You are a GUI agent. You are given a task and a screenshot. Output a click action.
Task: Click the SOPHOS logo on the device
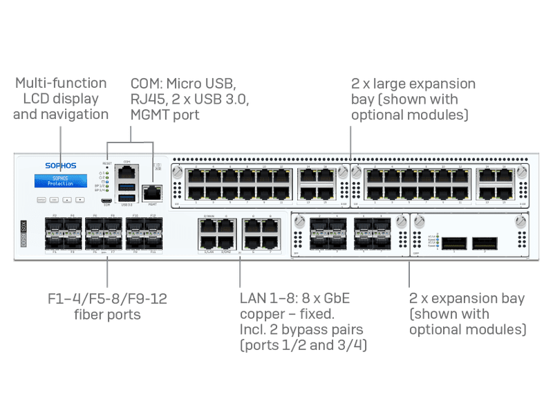[60, 165]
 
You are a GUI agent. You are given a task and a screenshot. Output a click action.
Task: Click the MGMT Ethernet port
[150, 193]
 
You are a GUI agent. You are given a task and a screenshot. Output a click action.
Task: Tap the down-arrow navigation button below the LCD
[81, 200]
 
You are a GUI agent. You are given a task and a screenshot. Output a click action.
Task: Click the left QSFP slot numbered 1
[453, 243]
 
